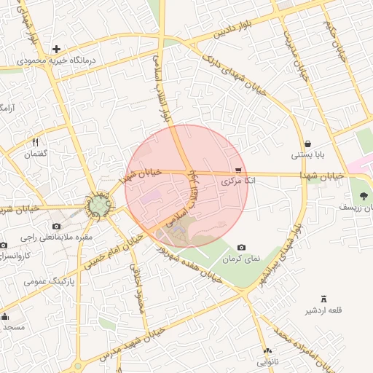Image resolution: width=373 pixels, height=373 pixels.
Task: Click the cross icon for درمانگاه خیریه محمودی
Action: [x=56, y=49]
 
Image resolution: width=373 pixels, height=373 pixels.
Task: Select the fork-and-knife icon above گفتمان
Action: [x=35, y=142]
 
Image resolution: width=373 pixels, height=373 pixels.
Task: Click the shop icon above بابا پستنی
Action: [x=309, y=144]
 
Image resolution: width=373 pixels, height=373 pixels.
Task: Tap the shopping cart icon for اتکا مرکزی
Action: [x=238, y=170]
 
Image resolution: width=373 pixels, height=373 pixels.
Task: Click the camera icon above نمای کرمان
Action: [x=241, y=248]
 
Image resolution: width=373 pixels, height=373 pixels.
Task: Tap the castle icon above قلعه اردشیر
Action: [x=324, y=299]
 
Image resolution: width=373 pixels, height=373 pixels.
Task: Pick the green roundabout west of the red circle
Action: [x=98, y=207]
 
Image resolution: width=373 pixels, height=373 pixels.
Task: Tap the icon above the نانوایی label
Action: [x=267, y=350]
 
